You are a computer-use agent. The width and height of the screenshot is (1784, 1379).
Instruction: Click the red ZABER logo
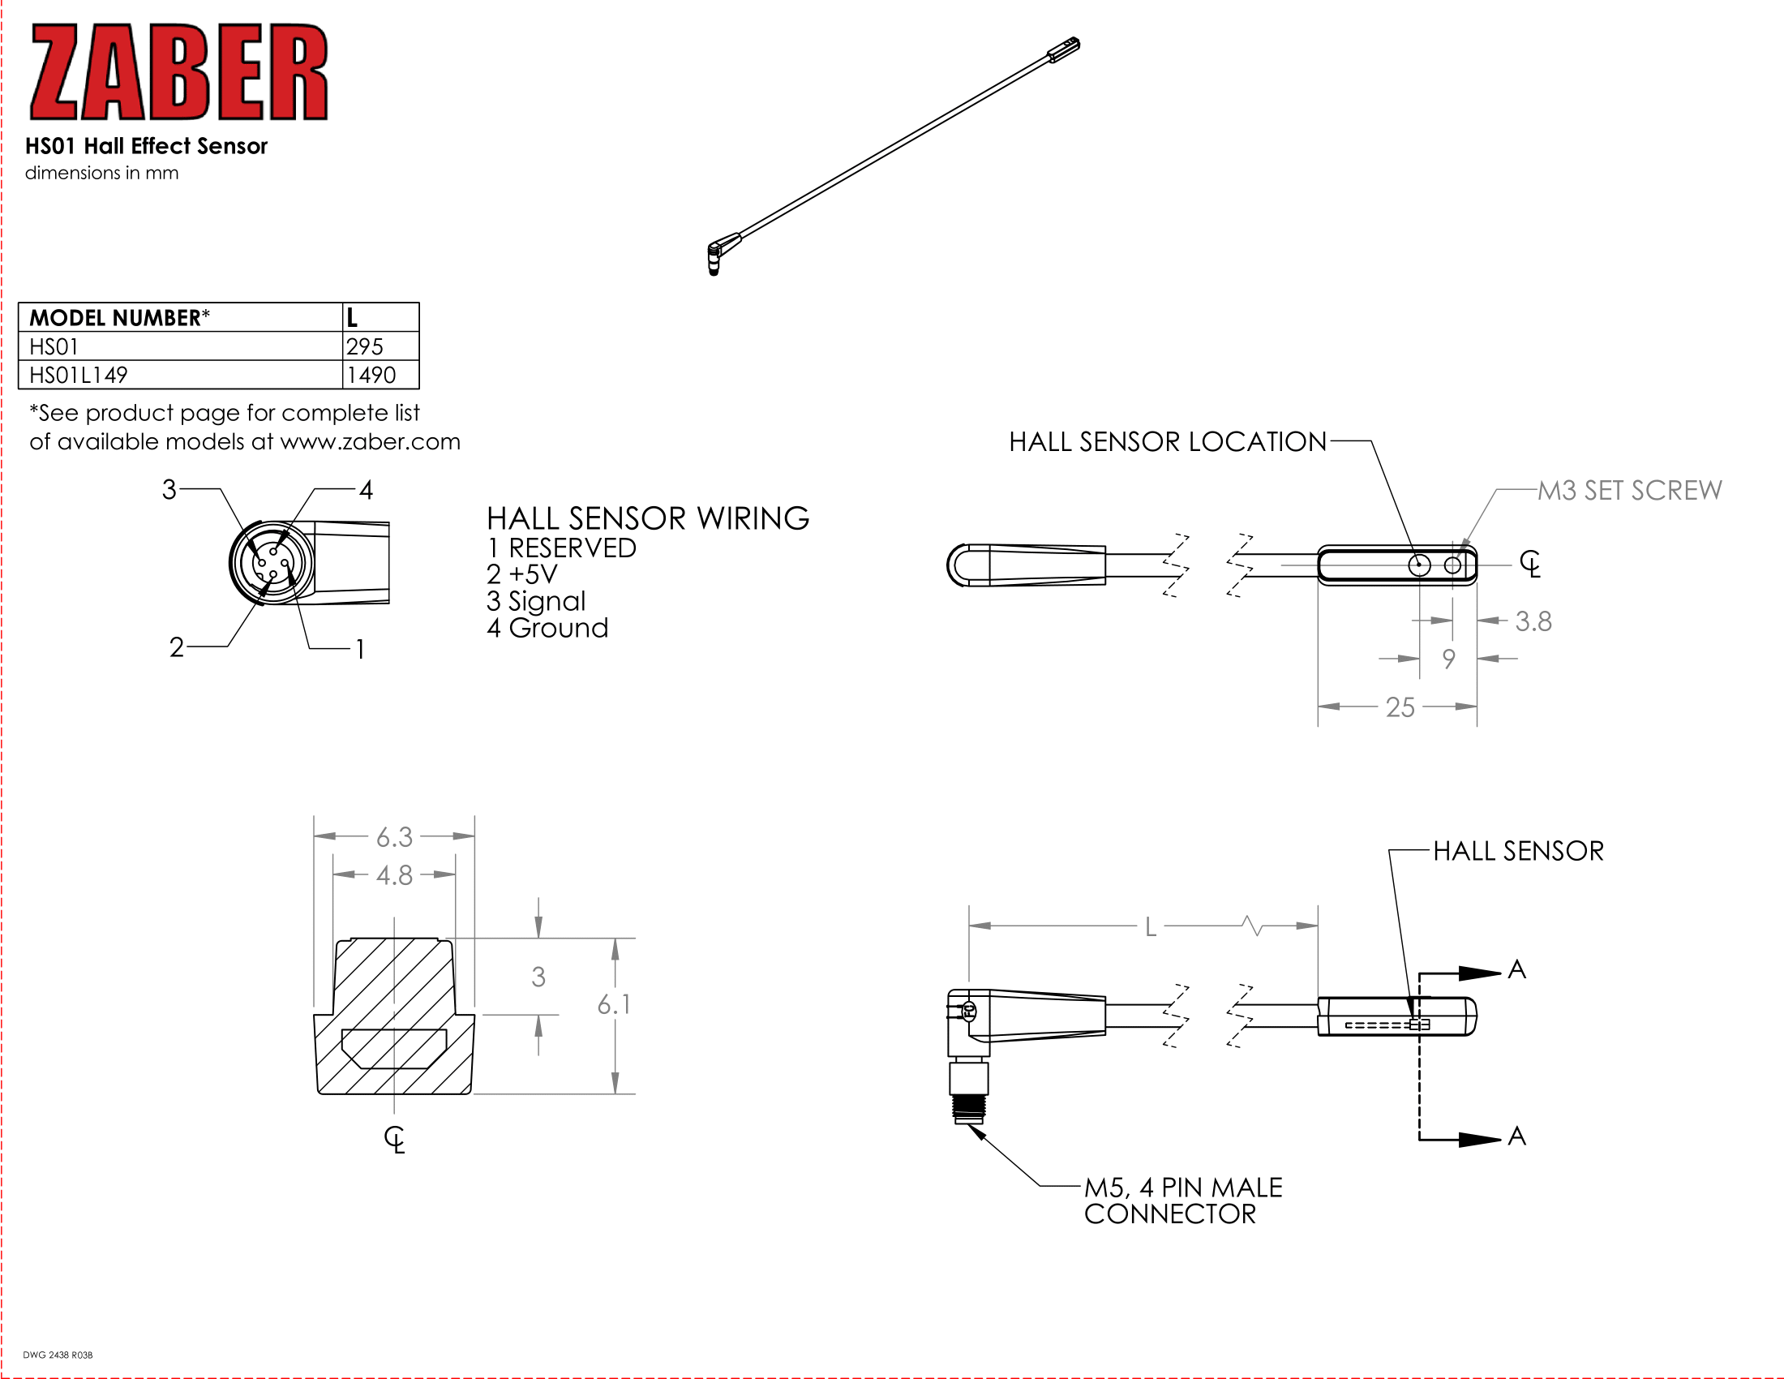tap(179, 72)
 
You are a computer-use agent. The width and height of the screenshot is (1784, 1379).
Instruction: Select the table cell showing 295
tap(380, 346)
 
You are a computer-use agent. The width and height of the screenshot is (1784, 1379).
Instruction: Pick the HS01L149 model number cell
tap(181, 375)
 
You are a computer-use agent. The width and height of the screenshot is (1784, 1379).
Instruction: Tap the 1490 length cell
tap(380, 375)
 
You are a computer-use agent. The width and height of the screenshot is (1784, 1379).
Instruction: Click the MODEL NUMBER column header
tap(181, 317)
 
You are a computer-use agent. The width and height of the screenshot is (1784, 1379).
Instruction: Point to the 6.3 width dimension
tap(394, 836)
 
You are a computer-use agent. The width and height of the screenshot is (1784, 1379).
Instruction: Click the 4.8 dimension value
tap(394, 875)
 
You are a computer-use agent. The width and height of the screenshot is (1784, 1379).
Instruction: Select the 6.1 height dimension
tap(614, 1004)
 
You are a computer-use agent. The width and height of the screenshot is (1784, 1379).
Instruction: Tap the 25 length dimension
tap(1400, 707)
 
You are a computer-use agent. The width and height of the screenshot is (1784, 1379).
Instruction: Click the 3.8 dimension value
tap(1533, 621)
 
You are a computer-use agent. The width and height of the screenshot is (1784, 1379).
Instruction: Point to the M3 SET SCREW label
tap(1630, 490)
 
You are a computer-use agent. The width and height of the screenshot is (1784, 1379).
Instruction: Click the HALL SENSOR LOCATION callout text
tap(1167, 442)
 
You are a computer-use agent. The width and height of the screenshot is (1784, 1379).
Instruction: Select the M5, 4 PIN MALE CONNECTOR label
tap(1183, 1200)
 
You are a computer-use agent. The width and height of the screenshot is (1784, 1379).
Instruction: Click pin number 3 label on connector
tap(169, 489)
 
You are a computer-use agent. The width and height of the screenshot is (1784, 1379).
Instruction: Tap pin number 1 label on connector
tap(359, 650)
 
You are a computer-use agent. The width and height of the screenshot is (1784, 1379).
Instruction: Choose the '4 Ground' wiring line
tap(547, 627)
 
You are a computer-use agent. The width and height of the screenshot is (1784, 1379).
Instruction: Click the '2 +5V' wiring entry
tap(522, 574)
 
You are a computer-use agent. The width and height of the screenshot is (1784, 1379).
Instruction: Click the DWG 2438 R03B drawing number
tap(58, 1355)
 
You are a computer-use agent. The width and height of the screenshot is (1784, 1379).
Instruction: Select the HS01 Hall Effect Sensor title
tap(146, 146)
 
